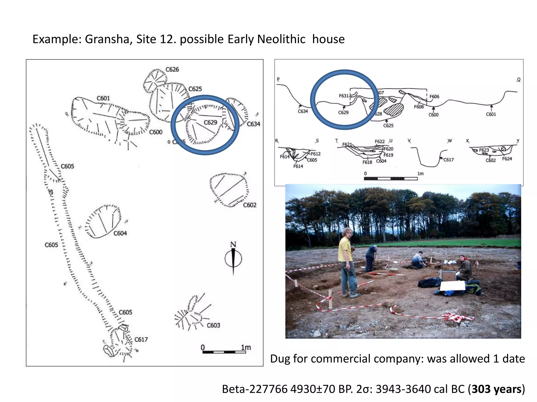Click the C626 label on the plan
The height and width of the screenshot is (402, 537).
click(x=172, y=69)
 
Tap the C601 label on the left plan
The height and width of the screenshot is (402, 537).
click(x=103, y=98)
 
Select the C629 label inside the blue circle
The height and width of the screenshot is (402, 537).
click(x=210, y=122)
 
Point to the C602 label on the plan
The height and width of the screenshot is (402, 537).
click(x=249, y=205)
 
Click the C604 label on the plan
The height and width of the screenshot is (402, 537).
click(x=120, y=233)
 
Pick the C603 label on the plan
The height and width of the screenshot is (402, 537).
click(x=213, y=325)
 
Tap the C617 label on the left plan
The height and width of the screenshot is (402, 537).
click(x=141, y=339)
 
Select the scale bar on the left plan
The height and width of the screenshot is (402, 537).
click(x=224, y=352)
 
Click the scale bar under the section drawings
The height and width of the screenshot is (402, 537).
click(x=391, y=178)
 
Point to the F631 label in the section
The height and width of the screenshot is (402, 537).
click(x=343, y=96)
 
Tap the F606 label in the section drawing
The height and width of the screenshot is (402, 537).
click(x=434, y=97)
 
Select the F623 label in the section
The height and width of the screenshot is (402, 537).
click(x=484, y=150)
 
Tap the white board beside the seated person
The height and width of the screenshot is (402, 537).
click(x=452, y=286)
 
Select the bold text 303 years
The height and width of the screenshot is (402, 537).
click(x=496, y=389)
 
